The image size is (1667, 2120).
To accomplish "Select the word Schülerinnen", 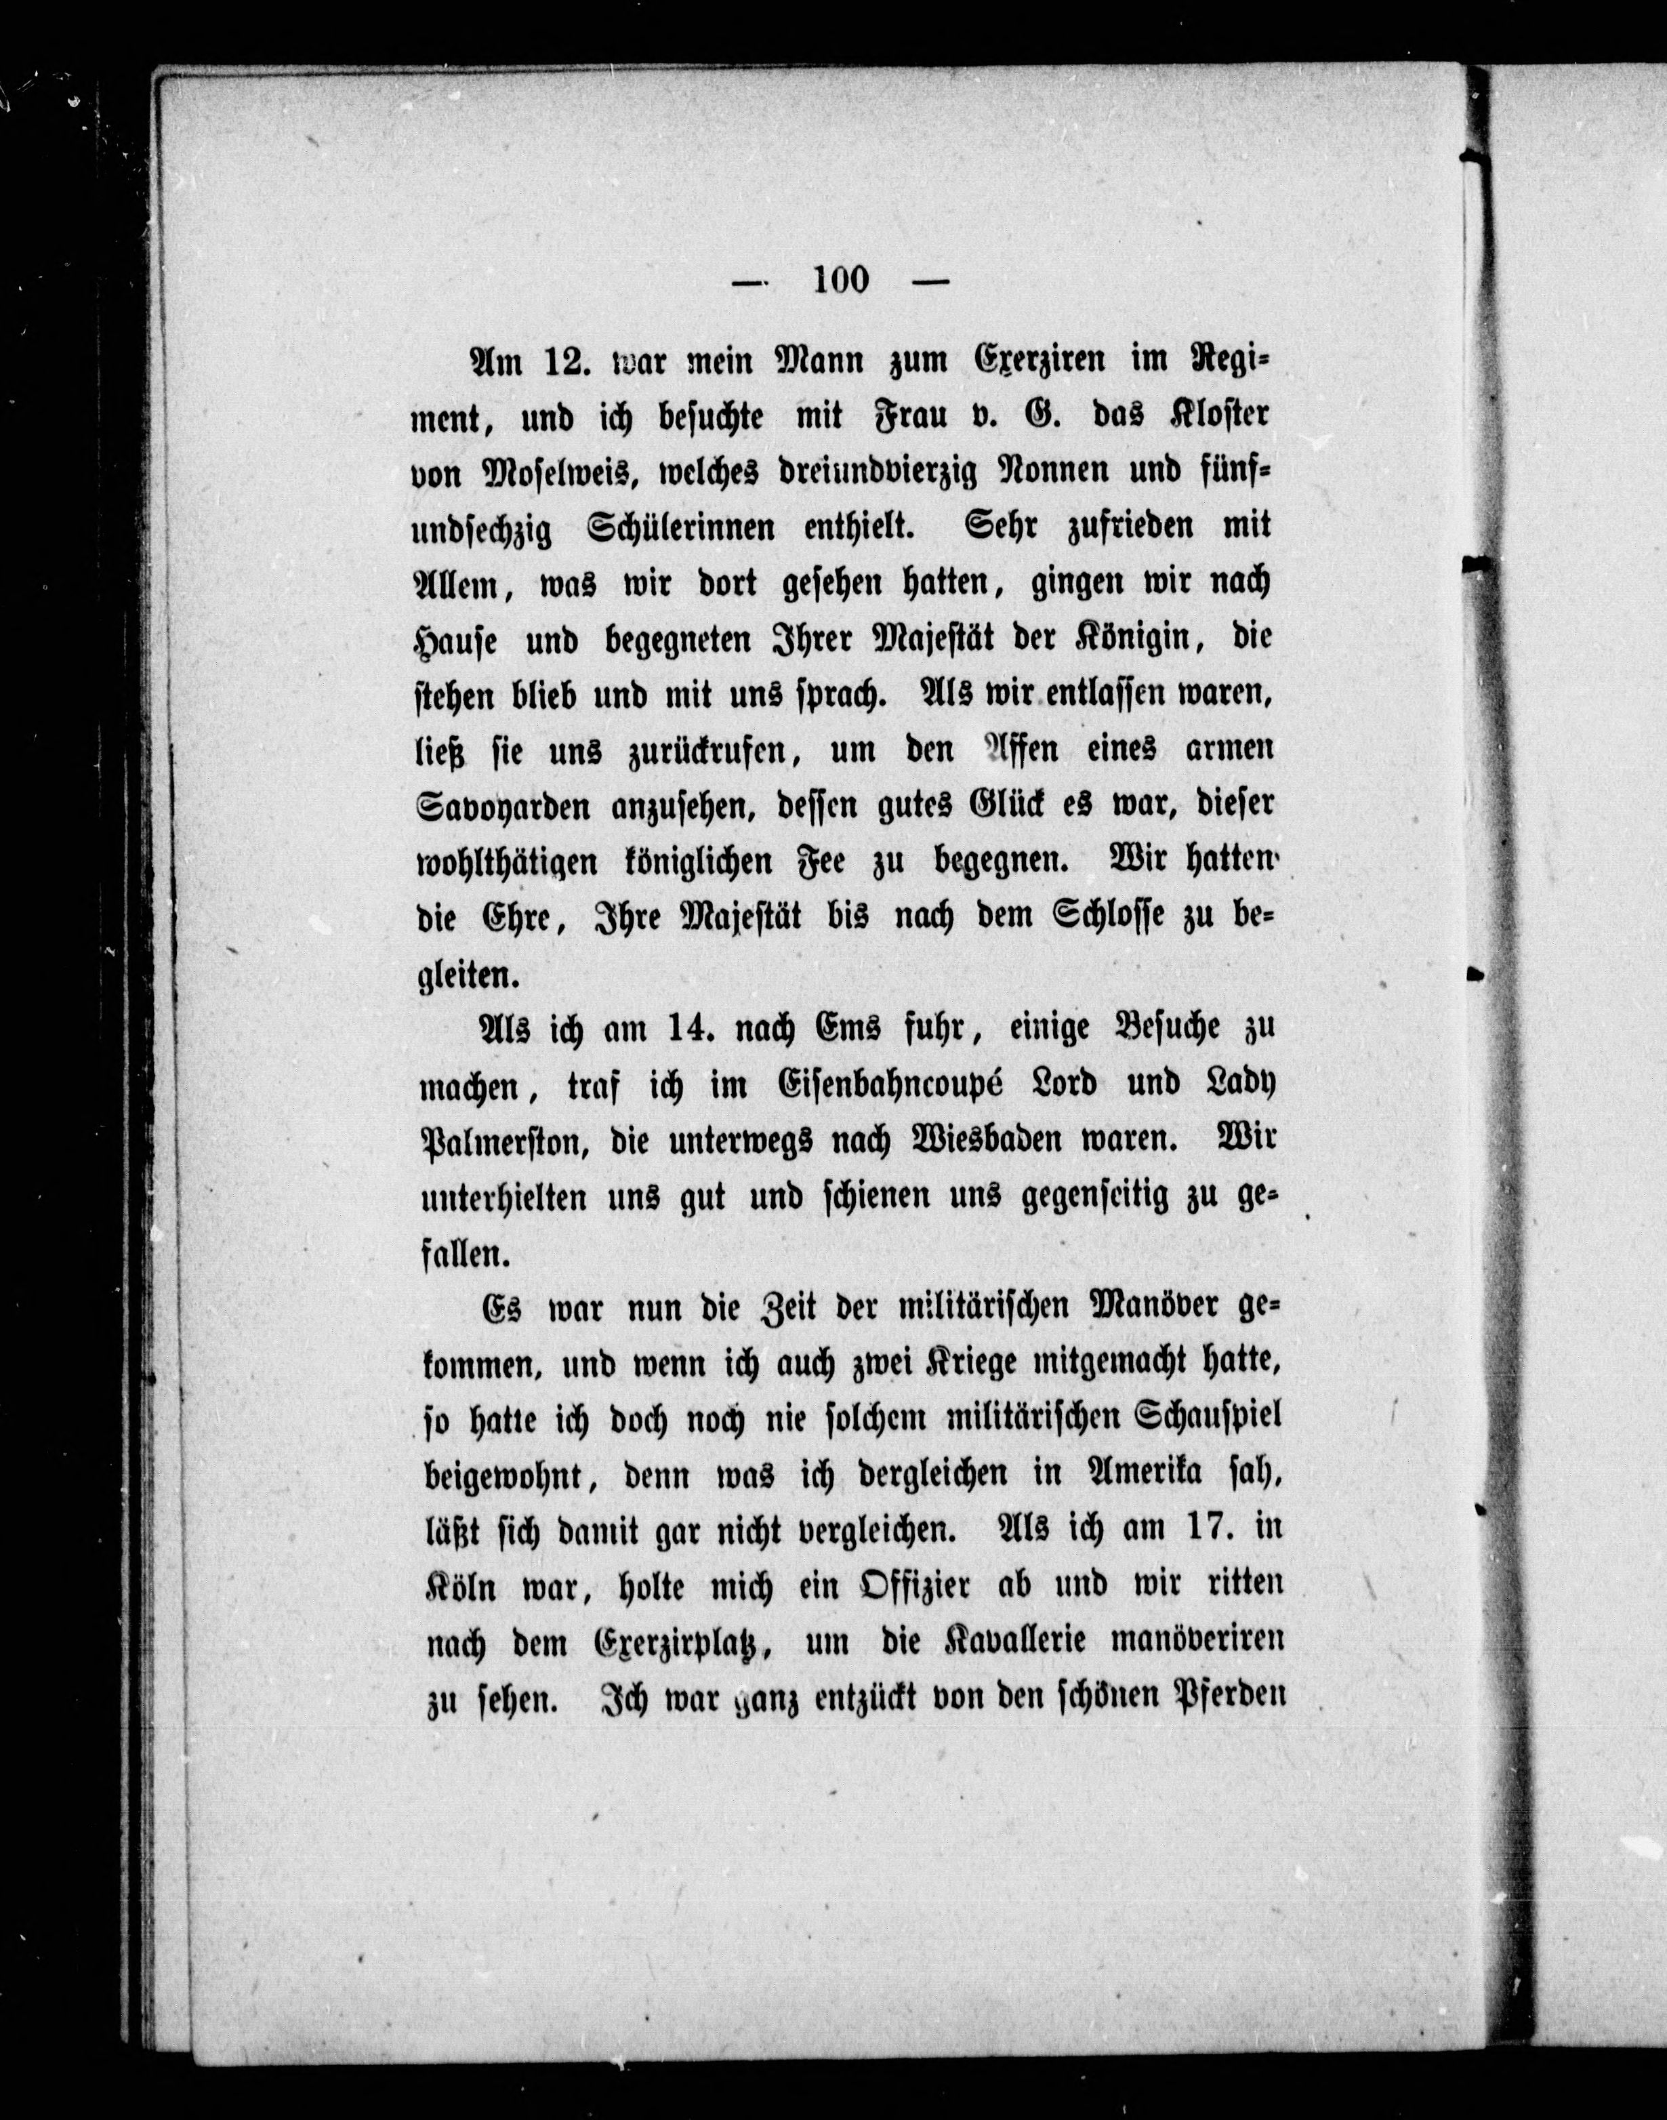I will (667, 528).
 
